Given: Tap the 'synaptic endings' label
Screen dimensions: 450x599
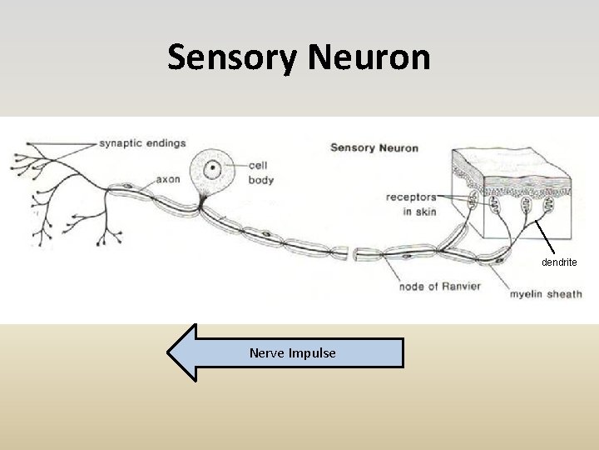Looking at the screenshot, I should tap(142, 143).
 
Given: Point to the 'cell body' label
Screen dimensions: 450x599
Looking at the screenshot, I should tap(260, 172).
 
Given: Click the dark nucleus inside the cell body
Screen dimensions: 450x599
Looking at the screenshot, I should tap(213, 167).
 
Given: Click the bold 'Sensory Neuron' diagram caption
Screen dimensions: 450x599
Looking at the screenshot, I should tap(374, 148).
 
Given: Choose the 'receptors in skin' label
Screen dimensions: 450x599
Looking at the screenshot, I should tap(410, 205).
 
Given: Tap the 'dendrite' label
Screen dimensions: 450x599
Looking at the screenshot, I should tap(559, 262).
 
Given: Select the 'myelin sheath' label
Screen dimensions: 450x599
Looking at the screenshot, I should tap(546, 294).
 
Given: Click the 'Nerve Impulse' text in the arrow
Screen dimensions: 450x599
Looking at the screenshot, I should tap(293, 353).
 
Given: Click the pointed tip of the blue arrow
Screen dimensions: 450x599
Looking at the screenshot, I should tap(170, 352).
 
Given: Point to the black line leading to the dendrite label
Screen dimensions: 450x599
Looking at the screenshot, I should tap(546, 237).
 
